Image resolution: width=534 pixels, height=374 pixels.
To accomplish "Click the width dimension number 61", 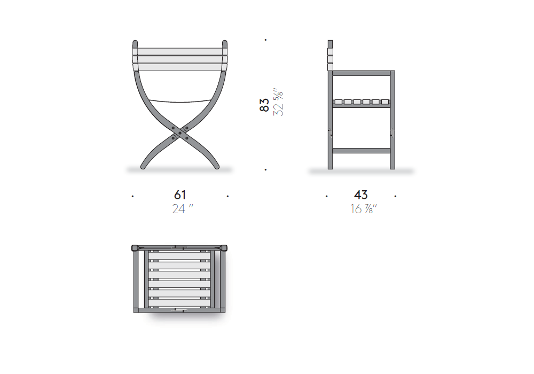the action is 180,195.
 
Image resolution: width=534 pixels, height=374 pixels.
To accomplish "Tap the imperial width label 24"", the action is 183,208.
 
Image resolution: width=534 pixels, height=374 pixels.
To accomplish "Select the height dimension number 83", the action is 264,105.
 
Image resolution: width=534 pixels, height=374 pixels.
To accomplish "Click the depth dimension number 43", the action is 360,195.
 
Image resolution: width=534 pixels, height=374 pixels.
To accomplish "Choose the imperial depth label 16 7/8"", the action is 364,208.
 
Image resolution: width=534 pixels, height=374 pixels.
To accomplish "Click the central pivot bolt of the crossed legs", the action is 180,133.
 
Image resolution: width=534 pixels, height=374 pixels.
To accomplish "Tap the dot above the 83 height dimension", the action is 265,40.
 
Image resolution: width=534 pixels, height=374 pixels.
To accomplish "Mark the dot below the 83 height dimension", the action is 265,169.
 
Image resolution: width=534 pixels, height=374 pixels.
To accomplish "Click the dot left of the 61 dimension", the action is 132,196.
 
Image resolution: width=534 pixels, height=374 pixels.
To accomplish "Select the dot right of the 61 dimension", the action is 227,196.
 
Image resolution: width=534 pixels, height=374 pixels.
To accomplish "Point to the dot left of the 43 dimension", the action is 327,196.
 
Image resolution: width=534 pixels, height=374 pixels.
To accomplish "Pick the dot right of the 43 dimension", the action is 395,196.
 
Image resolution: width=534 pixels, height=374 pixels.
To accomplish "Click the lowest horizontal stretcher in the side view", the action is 362,151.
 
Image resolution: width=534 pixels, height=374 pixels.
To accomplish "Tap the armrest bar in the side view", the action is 362,73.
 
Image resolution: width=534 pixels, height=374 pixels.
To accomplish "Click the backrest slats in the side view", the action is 330,56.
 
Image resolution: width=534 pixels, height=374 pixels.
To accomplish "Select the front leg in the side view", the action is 392,120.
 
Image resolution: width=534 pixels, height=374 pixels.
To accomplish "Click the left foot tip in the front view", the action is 143,167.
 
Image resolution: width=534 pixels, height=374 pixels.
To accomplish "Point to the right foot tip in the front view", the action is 216,167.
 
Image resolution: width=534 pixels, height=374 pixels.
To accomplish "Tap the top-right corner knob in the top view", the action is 224,247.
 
